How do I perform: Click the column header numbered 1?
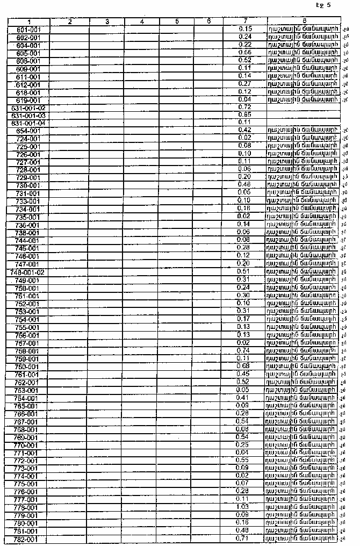(x=29, y=21)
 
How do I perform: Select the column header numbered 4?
(x=141, y=21)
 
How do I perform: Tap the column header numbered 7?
(x=245, y=21)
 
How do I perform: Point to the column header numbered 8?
(x=304, y=21)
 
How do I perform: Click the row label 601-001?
(x=29, y=30)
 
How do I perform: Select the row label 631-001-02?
(x=29, y=107)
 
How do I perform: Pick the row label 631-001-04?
(x=29, y=123)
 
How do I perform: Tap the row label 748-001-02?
(x=29, y=272)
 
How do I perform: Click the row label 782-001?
(x=29, y=539)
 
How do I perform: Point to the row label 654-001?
(x=29, y=131)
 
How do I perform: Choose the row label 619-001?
(x=29, y=100)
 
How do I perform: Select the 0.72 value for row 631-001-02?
(x=245, y=107)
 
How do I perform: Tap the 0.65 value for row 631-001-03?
(x=245, y=115)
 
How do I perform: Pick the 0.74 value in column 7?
(x=245, y=351)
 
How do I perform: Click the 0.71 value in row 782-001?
(x=245, y=538)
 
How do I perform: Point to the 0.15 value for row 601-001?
(x=245, y=29)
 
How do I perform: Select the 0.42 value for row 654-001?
(x=245, y=131)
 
